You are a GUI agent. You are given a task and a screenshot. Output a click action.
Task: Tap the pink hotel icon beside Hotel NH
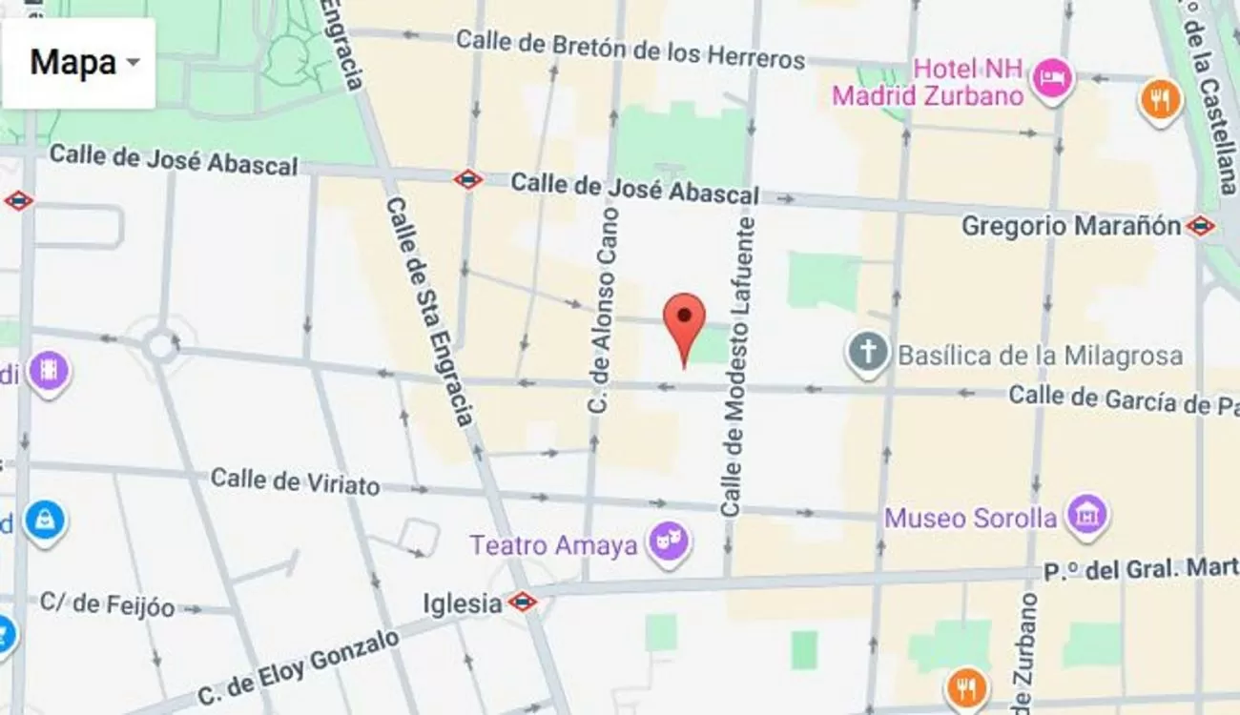tap(1053, 75)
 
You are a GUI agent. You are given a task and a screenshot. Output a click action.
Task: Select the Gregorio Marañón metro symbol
tap(1200, 226)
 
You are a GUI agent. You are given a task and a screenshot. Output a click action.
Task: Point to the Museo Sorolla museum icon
tap(1086, 515)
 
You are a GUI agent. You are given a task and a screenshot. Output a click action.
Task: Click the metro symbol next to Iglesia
tap(522, 602)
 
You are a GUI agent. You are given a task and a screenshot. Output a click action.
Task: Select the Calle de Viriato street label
tap(295, 480)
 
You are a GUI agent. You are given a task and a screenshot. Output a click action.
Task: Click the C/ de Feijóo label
tap(107, 603)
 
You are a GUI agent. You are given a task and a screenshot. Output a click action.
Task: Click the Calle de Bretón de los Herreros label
tap(630, 49)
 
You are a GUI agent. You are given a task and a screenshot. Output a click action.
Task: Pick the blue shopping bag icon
tap(44, 521)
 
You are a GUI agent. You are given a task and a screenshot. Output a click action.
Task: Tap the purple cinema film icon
tap(47, 371)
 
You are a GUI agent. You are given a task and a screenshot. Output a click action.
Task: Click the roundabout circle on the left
tap(160, 345)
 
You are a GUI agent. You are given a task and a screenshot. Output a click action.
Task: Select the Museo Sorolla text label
tap(971, 519)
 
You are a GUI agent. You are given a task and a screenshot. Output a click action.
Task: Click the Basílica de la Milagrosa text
tap(1040, 356)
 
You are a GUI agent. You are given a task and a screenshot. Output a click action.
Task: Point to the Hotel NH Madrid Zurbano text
tap(927, 82)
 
